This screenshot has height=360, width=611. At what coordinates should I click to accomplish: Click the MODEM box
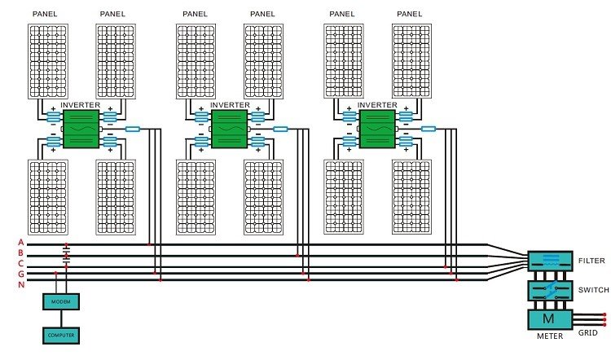tap(60, 301)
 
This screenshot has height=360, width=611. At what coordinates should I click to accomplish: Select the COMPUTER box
tap(60, 334)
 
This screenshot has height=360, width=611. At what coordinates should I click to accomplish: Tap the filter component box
tap(551, 261)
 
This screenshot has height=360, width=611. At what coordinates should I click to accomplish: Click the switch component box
tap(551, 291)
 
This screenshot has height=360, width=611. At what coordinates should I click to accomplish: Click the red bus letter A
tap(21, 244)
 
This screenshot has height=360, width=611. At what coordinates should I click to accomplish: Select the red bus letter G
tap(21, 273)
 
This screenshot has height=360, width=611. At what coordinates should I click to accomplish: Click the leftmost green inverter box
tap(81, 129)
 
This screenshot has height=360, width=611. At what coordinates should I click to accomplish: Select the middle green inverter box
tap(229, 129)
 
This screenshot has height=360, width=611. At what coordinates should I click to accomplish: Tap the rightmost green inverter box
tap(376, 129)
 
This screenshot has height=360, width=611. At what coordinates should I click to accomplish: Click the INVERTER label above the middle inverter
tap(230, 105)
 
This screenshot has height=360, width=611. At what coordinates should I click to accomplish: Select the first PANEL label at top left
tap(45, 14)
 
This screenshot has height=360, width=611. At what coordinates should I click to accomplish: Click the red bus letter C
tap(21, 263)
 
